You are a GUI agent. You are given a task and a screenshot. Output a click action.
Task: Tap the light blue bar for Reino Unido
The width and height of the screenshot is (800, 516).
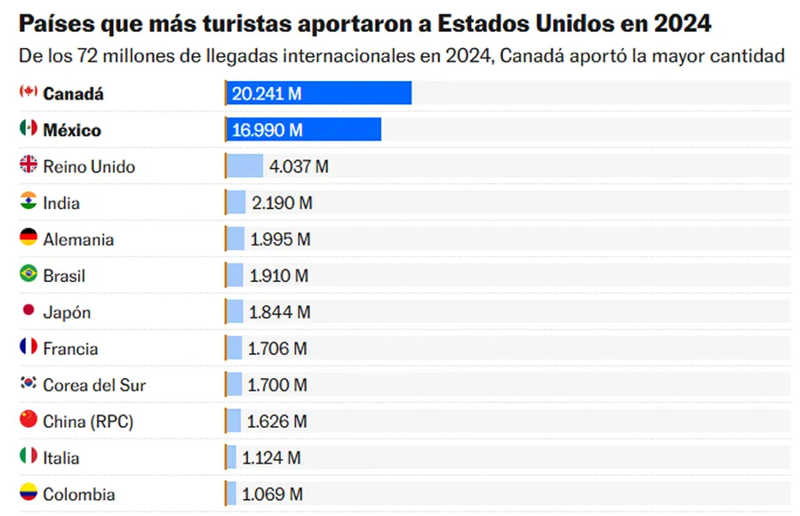[245, 166]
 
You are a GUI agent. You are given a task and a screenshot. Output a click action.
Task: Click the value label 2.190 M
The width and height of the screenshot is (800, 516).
[282, 203]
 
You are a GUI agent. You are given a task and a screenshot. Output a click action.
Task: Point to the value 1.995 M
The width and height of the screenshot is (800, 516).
[281, 239]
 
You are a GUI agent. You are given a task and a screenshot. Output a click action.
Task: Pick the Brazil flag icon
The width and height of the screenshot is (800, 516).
[28, 274]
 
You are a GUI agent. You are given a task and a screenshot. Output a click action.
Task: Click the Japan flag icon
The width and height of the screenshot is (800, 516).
[28, 310]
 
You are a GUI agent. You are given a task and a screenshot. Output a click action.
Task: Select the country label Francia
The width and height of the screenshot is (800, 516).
[70, 349]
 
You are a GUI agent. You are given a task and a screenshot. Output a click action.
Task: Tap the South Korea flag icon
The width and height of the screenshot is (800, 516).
[28, 383]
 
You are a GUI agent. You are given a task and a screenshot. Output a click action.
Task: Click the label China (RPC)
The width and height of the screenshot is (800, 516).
[88, 422]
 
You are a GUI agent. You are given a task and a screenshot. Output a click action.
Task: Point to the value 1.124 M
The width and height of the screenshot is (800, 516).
[271, 458]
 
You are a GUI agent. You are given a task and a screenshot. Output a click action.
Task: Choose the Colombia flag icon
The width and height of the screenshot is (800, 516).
[28, 493]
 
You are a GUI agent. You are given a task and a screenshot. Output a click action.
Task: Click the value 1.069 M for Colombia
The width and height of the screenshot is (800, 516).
[272, 495]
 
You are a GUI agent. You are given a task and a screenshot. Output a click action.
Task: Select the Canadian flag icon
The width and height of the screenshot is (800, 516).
[28, 92]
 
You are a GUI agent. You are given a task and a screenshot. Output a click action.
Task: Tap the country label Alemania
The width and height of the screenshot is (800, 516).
[78, 239]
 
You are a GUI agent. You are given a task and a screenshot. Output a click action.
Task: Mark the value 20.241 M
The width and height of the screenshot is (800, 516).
[266, 93]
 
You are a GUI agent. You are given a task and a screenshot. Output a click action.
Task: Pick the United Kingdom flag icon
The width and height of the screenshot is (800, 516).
[28, 165]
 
